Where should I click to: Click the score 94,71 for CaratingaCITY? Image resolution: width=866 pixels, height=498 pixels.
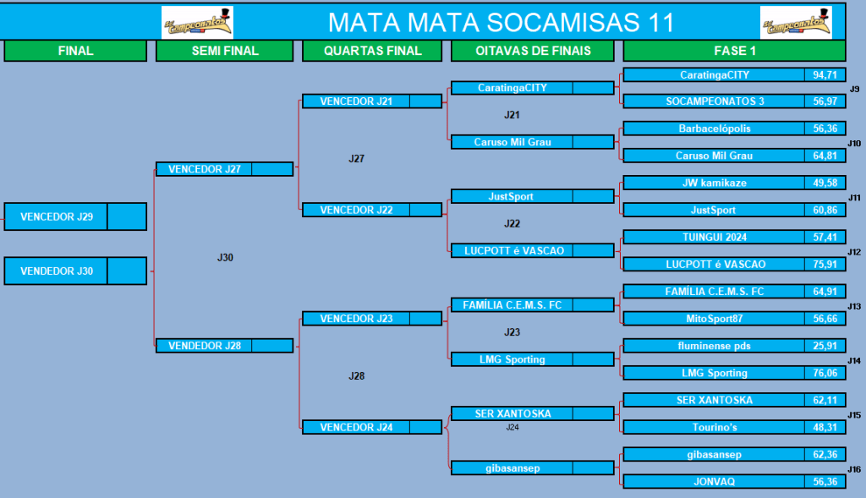(x=825, y=74)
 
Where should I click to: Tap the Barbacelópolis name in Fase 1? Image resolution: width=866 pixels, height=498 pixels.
(x=714, y=129)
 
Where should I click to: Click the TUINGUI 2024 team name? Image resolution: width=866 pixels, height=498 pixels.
(x=714, y=237)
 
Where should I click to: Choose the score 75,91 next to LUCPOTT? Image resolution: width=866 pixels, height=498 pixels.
(x=825, y=265)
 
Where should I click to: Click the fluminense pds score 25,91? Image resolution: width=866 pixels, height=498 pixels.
(x=825, y=346)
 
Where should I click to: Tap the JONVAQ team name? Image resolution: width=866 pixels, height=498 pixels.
(x=714, y=481)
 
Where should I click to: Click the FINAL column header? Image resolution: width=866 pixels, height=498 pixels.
(x=75, y=51)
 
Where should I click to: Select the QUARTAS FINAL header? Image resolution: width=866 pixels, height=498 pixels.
(x=372, y=51)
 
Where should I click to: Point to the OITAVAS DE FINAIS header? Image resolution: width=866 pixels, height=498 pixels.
(x=533, y=51)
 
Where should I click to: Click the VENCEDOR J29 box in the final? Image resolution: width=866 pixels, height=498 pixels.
(x=75, y=216)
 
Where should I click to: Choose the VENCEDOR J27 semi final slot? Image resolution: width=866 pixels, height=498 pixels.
(x=224, y=169)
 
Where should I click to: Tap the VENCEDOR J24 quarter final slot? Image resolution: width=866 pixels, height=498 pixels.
(x=372, y=427)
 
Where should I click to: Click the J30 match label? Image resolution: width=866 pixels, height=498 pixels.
(x=225, y=257)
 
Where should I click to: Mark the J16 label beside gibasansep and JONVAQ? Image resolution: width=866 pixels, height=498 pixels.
(x=854, y=469)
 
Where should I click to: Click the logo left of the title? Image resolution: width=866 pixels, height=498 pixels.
(x=197, y=23)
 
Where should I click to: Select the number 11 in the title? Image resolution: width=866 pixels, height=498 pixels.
(x=661, y=23)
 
